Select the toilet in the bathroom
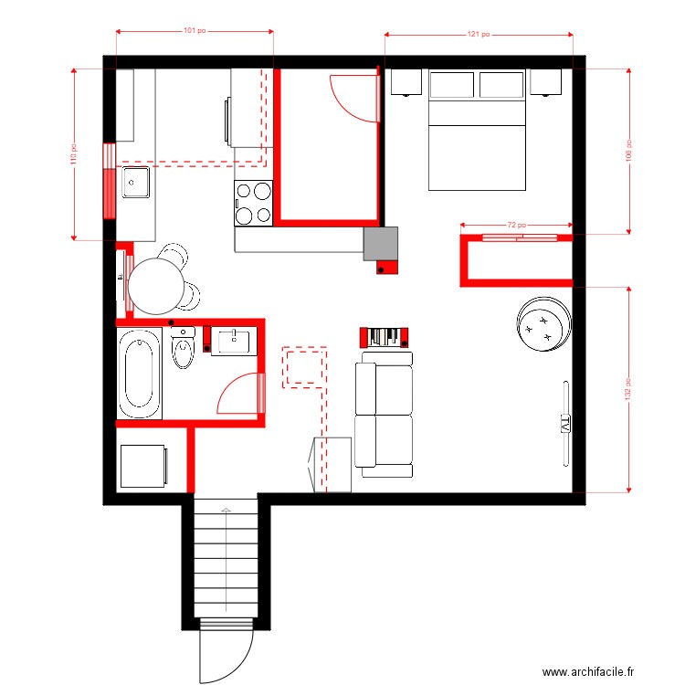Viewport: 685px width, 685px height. [x=184, y=349]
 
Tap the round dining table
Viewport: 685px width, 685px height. [x=157, y=286]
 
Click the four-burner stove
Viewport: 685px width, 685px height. [x=254, y=203]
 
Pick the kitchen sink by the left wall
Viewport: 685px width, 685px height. [x=136, y=183]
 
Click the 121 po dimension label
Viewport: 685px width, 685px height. [x=478, y=35]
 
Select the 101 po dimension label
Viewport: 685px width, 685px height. [x=194, y=30]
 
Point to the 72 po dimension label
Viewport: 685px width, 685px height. [x=518, y=224]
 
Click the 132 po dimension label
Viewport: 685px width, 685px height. [x=627, y=388]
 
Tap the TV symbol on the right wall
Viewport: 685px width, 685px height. [x=564, y=424]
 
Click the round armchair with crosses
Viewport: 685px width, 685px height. [x=544, y=322]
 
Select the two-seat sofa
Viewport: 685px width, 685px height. [x=384, y=415]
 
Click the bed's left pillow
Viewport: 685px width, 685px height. [x=451, y=85]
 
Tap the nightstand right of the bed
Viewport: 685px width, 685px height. [x=545, y=83]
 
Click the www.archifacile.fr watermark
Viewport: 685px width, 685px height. [x=586, y=672]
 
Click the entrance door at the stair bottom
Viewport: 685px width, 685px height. [x=225, y=651]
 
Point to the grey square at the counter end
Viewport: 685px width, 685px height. [x=381, y=244]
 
